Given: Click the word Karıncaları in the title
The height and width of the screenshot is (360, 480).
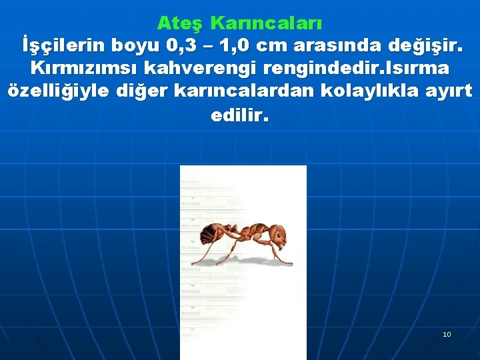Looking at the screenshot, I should coord(266,23).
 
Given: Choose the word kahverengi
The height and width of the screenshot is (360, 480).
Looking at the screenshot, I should coord(211,68).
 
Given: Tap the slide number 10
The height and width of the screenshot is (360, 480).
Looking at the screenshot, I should coord(447,334).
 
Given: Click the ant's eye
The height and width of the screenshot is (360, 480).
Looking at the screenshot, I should coord(279,231).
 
